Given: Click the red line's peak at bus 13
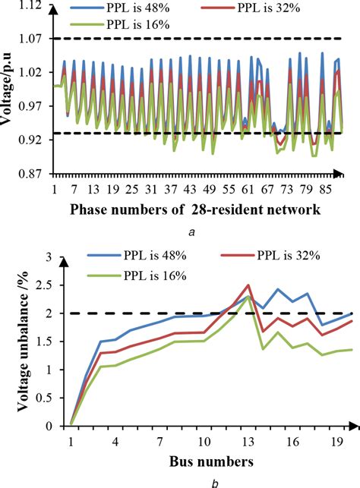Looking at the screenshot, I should pyautogui.click(x=248, y=285).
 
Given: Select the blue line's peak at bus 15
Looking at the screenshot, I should pyautogui.click(x=278, y=289).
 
